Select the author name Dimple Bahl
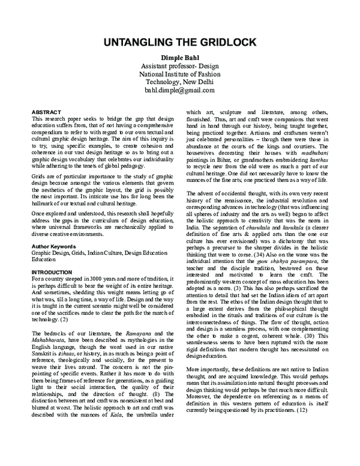(x=179, y=57)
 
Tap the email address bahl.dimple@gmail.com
(x=179, y=89)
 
